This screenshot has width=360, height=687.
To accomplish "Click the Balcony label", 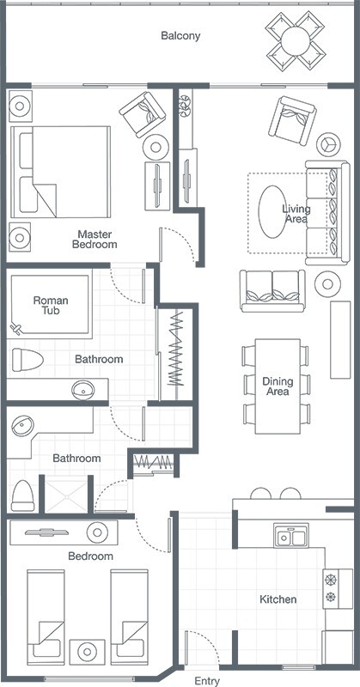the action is [x=180, y=36].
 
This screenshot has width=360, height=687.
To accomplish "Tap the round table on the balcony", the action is [x=296, y=40].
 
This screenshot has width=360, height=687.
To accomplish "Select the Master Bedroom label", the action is [x=95, y=240].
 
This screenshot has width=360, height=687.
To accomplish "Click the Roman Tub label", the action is [x=51, y=306].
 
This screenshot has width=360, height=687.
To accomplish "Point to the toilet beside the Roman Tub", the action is [x=27, y=360].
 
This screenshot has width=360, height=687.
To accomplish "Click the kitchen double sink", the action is [x=291, y=535].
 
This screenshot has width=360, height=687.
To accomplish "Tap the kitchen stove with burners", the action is [x=338, y=588].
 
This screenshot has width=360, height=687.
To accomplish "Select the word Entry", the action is [x=207, y=681].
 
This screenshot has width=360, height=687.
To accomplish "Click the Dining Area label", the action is [x=278, y=386].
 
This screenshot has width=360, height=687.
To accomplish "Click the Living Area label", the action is [x=296, y=214].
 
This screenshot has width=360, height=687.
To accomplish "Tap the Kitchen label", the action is [x=278, y=599].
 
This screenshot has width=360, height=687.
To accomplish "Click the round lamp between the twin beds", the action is [x=87, y=652].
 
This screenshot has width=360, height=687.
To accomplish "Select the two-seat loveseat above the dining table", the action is [x=272, y=291].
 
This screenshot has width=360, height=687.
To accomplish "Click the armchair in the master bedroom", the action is [x=143, y=114].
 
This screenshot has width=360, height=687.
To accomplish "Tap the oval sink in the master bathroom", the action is [x=82, y=390].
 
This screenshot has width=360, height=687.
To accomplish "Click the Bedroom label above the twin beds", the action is [x=90, y=556].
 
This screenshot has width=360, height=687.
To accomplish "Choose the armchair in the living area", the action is [x=292, y=120].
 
